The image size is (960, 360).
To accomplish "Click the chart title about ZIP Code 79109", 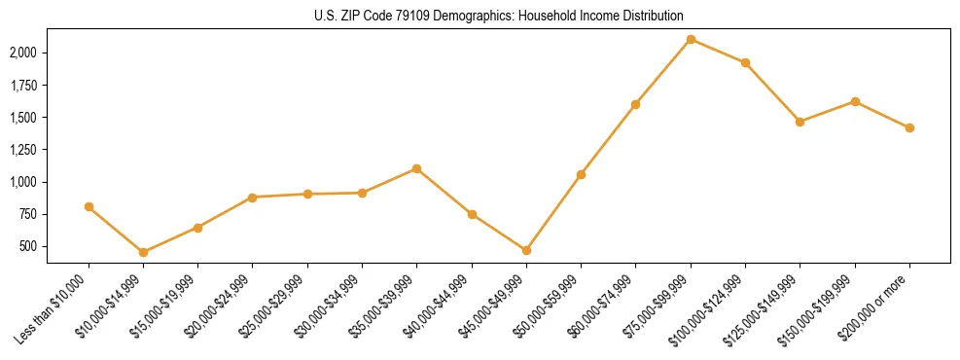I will coord(500,16).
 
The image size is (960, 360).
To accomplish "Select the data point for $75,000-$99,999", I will coord(691,39).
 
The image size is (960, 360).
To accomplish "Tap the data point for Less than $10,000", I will coord(89,206).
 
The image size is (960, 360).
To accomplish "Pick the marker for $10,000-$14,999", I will coord(143,252).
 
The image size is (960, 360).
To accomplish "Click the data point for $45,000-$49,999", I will coord(526,250).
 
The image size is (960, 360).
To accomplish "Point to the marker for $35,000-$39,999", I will coord(416,168).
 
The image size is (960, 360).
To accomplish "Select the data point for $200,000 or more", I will coord(909,127).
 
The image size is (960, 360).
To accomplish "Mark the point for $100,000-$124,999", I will coord(745,62).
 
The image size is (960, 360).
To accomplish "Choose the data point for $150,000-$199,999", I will coord(855,101).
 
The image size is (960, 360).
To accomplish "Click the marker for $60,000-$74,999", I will coord(635,104).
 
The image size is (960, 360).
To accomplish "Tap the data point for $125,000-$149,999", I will coord(800,122).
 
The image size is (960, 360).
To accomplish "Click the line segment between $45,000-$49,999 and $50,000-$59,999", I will coord(553,212).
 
